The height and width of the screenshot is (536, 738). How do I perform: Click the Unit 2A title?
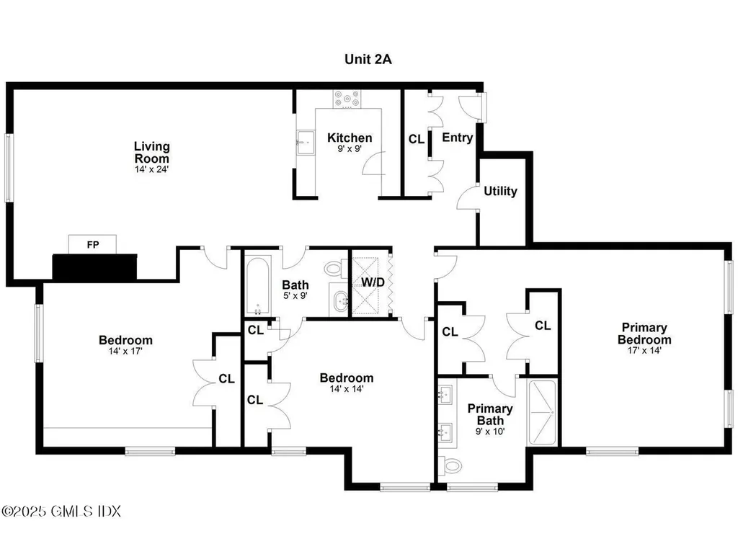368,59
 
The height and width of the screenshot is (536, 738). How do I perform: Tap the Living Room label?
152,153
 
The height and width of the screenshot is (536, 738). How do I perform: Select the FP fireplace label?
92,245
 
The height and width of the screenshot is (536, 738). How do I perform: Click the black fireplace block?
94,267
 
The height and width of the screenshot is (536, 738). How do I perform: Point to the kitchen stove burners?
347,99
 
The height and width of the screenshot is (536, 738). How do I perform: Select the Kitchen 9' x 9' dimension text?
350,150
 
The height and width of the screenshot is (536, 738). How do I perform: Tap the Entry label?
457,138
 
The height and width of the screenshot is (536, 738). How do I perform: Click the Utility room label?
500,191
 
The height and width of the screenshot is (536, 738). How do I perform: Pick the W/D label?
373,282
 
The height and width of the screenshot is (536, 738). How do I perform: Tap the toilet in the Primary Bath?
452,466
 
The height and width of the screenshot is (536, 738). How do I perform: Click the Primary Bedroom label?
644,334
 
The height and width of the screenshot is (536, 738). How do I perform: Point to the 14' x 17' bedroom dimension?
125,352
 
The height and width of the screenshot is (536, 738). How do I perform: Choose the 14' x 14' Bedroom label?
347,378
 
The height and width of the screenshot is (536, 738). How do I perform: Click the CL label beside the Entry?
417,139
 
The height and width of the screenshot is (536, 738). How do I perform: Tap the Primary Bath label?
490,414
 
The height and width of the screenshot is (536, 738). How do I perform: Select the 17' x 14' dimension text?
644,351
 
